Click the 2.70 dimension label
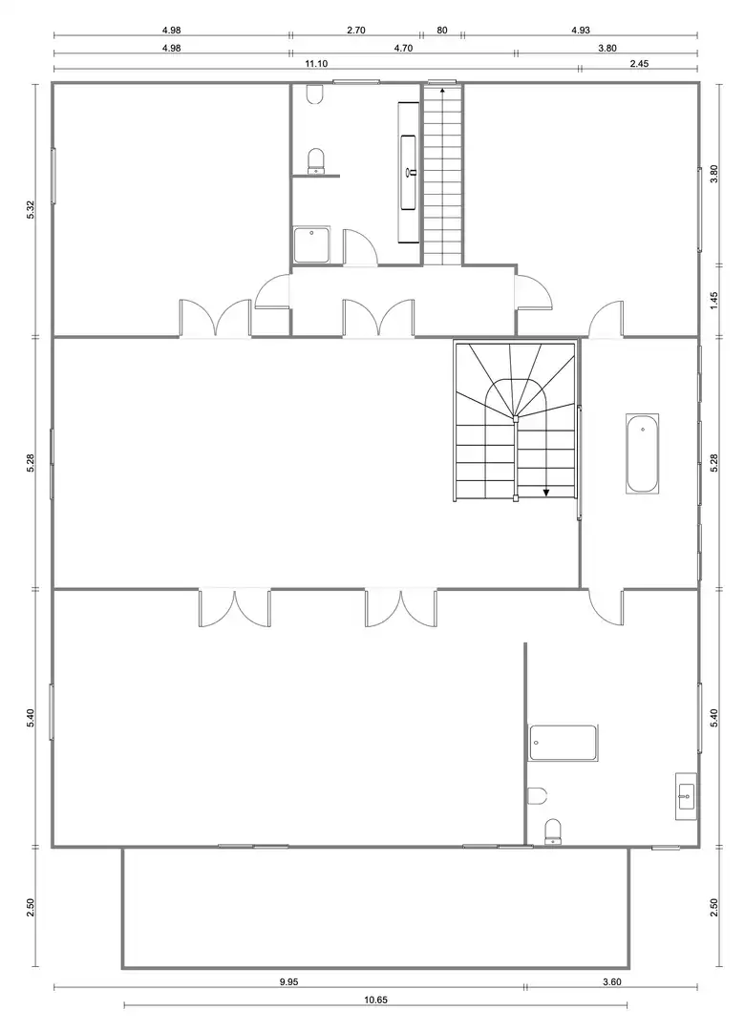pyautogui.click(x=355, y=31)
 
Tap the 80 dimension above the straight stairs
pyautogui.click(x=442, y=31)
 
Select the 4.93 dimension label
pyautogui.click(x=581, y=31)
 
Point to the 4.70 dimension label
pyautogui.click(x=403, y=48)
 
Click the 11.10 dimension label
pyautogui.click(x=316, y=64)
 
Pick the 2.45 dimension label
pyautogui.click(x=640, y=64)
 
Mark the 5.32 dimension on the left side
pyautogui.click(x=31, y=209)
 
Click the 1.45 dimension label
pyautogui.click(x=714, y=301)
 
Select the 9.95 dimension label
pyautogui.click(x=288, y=982)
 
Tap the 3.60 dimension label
pyautogui.click(x=611, y=982)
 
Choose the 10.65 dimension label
pyautogui.click(x=375, y=1000)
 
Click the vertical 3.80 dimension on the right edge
pyautogui.click(x=714, y=174)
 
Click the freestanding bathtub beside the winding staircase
pyautogui.click(x=642, y=453)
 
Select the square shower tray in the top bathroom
pyautogui.click(x=311, y=244)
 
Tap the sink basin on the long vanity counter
pyautogui.click(x=409, y=172)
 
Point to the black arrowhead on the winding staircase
pyautogui.click(x=546, y=492)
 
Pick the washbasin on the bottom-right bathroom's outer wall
pyautogui.click(x=686, y=796)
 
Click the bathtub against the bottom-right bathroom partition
pyautogui.click(x=564, y=743)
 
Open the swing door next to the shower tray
pyautogui.click(x=359, y=247)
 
